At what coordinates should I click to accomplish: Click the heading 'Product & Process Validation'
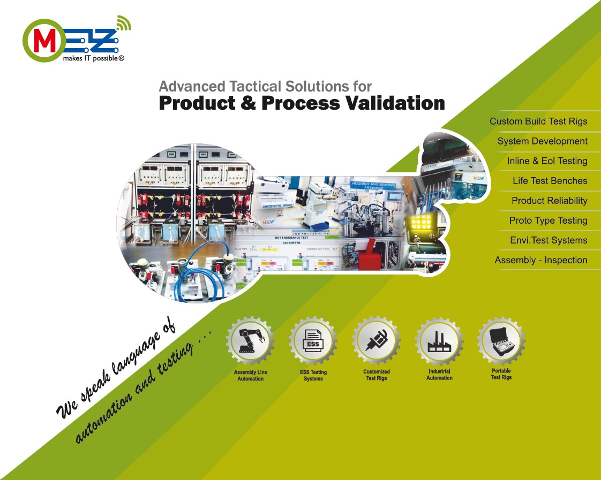(x=302, y=103)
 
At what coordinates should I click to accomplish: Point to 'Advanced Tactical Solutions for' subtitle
(x=265, y=86)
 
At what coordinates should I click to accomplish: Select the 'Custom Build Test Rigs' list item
(x=538, y=121)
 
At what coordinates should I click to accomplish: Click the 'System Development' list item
(x=542, y=141)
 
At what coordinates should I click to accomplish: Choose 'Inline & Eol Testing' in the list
(x=547, y=161)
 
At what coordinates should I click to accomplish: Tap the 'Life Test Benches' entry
(x=550, y=181)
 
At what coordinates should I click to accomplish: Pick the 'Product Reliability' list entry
(x=549, y=201)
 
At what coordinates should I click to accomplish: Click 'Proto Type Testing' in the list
(x=548, y=220)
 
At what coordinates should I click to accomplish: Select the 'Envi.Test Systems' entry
(x=549, y=240)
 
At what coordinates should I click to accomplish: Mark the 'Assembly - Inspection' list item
(x=541, y=260)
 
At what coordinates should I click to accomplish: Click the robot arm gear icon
(x=250, y=340)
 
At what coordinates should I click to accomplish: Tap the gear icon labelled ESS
(x=313, y=341)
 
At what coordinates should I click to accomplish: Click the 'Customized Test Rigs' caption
(x=377, y=375)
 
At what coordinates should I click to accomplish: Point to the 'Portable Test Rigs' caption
(x=501, y=374)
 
